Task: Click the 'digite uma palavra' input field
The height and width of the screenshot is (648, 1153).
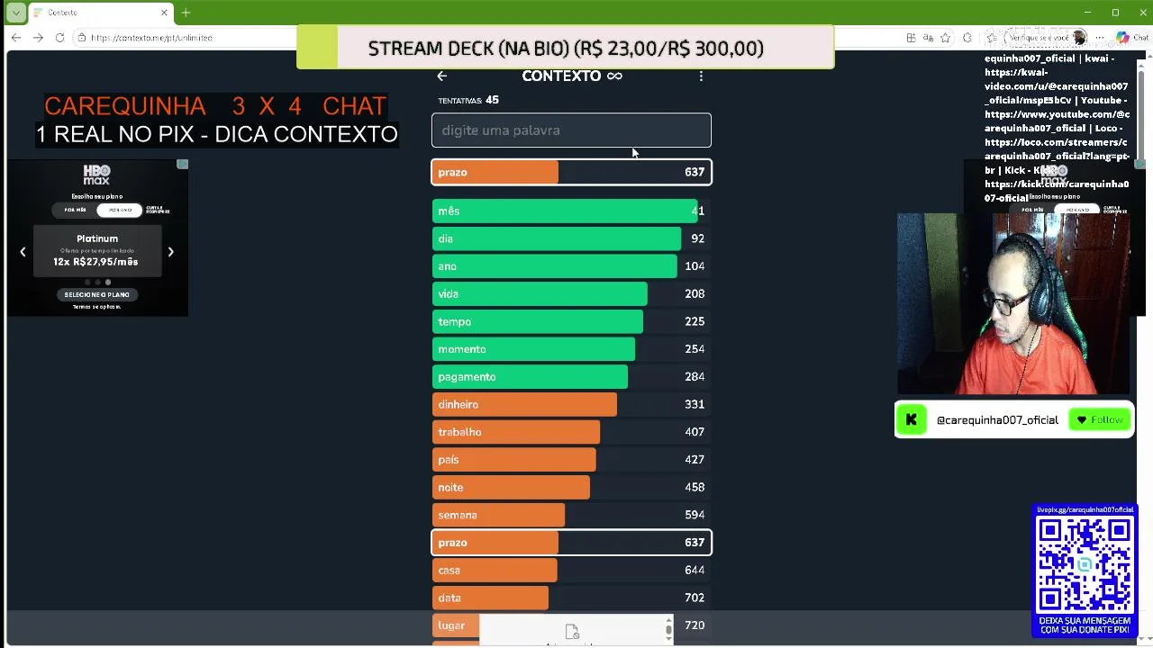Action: pos(571,130)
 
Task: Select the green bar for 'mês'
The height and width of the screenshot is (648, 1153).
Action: pos(564,211)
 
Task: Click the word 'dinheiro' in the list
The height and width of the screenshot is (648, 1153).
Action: pos(458,405)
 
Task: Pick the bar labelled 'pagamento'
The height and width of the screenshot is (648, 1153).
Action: pos(530,377)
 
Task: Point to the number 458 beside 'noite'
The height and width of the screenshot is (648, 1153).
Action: pos(694,488)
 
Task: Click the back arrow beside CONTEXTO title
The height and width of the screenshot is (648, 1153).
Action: pos(441,76)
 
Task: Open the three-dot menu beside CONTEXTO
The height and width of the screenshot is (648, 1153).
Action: pos(701,76)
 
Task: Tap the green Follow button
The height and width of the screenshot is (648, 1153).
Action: pos(1100,420)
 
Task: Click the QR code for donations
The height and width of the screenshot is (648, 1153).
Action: pos(1085,564)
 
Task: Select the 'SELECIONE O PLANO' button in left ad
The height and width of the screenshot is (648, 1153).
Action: pos(97,294)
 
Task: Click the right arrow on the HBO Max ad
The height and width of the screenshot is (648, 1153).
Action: pos(170,252)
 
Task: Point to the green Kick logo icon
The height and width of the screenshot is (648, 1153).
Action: pos(911,419)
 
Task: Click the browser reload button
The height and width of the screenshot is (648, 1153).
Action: pos(59,38)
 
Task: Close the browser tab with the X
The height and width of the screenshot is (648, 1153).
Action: pos(164,13)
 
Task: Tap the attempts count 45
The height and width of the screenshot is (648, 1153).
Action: pos(492,100)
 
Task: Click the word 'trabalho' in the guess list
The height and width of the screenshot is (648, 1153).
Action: pos(459,432)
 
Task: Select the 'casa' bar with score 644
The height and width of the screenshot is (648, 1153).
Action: pos(495,571)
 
